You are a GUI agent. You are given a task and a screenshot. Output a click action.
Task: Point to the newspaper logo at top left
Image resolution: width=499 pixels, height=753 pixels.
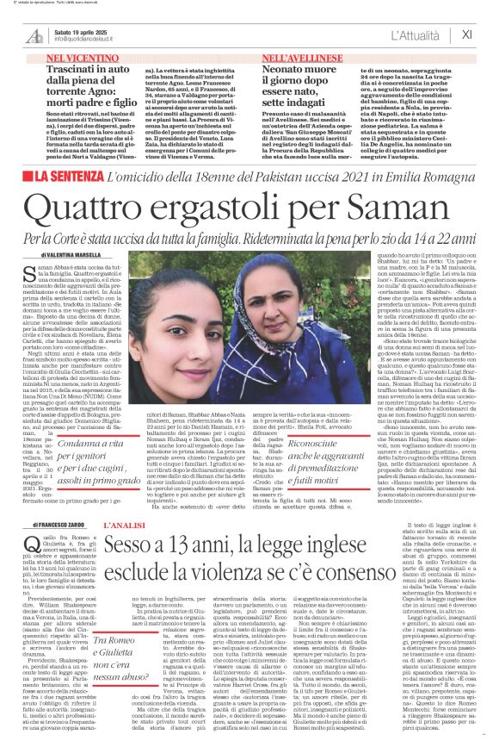(x=35, y=34)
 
